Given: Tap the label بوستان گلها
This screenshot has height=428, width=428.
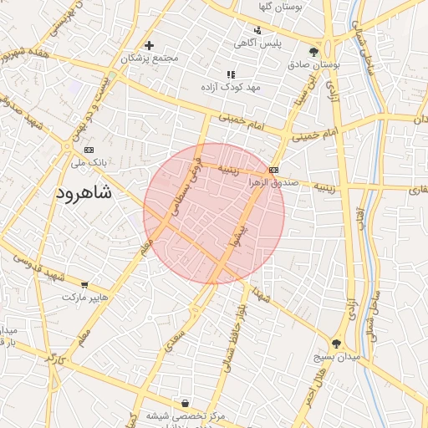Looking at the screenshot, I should click(x=280, y=7).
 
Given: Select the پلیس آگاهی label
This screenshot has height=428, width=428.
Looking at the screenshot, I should click(x=257, y=42).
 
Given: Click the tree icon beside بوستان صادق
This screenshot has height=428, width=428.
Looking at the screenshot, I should click(x=313, y=51).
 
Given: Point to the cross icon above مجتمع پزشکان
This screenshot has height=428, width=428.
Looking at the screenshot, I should click(x=149, y=45).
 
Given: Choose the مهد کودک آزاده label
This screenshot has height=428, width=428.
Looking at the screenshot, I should click(x=231, y=87).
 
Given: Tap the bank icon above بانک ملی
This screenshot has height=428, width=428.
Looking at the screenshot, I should click(x=89, y=150).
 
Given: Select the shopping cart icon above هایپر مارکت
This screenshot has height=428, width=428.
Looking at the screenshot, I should click(x=84, y=285).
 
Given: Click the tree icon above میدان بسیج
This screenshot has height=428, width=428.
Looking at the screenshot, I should click(x=336, y=344).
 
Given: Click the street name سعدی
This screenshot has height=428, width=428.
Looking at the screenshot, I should click(x=175, y=334).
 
